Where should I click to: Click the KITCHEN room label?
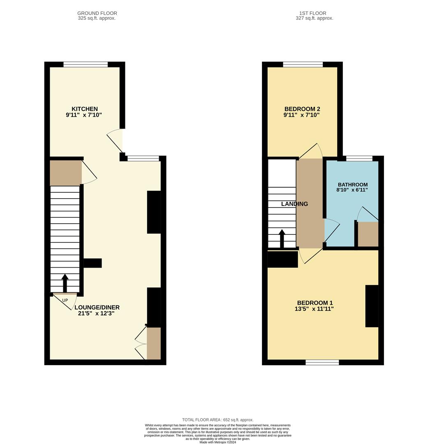pyautogui.click(x=85, y=109)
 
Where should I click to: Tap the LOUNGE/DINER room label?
pyautogui.click(x=97, y=307)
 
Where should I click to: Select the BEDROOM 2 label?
pyautogui.click(x=302, y=109)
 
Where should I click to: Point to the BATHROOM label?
pyautogui.click(x=353, y=185)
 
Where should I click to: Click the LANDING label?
pyautogui.click(x=294, y=204)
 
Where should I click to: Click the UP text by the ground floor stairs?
pyautogui.click(x=65, y=301)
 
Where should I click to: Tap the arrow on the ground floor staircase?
pyautogui.click(x=65, y=283)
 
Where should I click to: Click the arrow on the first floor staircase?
pyautogui.click(x=282, y=238)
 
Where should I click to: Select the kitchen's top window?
pyautogui.click(x=86, y=64)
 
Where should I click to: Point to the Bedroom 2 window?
pyautogui.click(x=303, y=64)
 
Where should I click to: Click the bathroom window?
pyautogui.click(x=359, y=158)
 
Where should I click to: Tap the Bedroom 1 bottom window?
pyautogui.click(x=322, y=362)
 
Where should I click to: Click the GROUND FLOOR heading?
pyautogui.click(x=97, y=13)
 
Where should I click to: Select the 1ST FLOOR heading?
pyautogui.click(x=315, y=13)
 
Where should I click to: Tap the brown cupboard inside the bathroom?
pyautogui.click(x=368, y=234)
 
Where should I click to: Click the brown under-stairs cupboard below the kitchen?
pyautogui.click(x=65, y=173)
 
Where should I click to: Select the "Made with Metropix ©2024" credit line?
pyautogui.click(x=218, y=442)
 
